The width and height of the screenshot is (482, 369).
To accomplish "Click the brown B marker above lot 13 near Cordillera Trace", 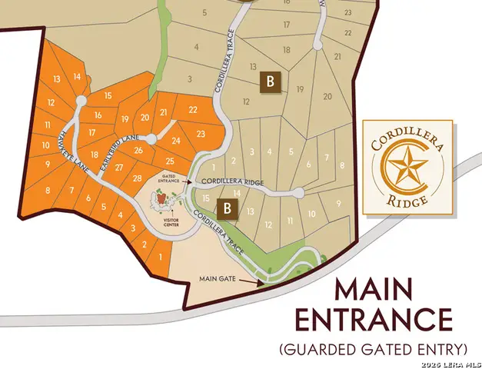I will click(226, 208).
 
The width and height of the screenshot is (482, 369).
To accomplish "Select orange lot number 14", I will click(77, 77).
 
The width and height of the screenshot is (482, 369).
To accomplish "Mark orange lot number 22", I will click(193, 110).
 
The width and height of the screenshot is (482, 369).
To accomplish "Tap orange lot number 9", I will click(47, 164).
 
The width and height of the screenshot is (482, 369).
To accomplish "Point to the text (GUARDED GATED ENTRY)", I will click(373, 349).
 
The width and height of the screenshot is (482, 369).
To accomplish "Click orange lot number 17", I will click(91, 133).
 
